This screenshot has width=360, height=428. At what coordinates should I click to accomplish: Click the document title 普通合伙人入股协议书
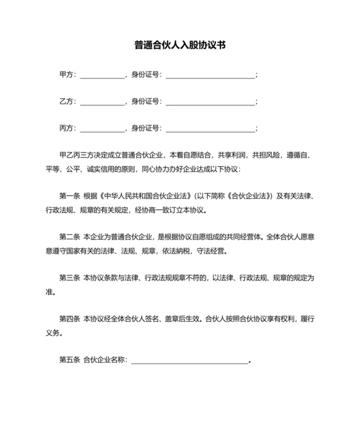[x=179, y=45]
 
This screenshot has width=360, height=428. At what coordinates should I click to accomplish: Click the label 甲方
[x=66, y=75]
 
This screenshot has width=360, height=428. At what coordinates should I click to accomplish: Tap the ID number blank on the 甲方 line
[x=210, y=76]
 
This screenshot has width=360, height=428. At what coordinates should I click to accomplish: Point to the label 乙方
[x=66, y=102]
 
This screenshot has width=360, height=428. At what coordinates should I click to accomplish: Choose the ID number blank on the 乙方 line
[x=210, y=103]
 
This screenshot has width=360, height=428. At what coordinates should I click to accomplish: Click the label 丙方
[x=66, y=128]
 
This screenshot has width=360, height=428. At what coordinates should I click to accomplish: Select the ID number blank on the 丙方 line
[x=210, y=129]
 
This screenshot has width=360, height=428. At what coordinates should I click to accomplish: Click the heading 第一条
[x=69, y=195]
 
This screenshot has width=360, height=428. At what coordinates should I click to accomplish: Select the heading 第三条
[x=69, y=277]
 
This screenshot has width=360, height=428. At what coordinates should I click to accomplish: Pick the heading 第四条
[x=69, y=318]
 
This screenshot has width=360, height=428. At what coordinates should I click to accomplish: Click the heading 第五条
[x=69, y=359]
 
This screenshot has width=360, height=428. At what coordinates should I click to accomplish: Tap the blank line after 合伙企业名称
[x=190, y=360]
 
